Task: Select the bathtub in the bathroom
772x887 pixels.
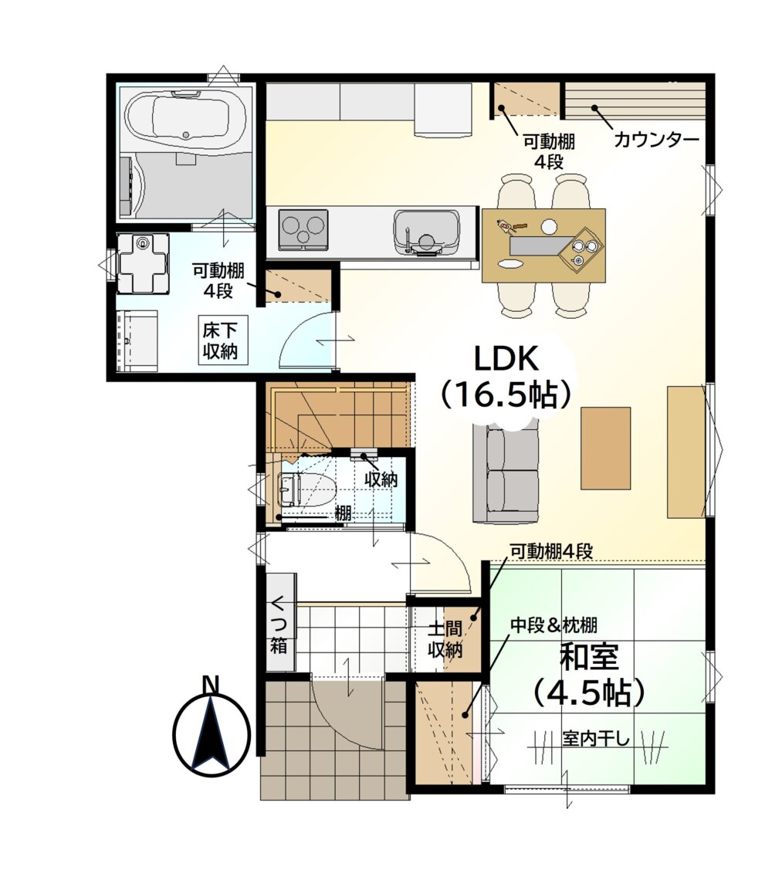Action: tap(185, 120)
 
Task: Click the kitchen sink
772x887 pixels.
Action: tap(426, 231)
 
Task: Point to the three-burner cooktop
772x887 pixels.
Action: tap(303, 229)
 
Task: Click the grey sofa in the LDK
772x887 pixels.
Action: tap(506, 476)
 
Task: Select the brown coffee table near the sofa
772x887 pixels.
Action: tap(606, 448)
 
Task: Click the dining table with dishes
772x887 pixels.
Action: tap(543, 245)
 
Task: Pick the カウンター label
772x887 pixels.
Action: tap(657, 139)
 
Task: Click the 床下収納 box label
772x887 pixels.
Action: tap(220, 340)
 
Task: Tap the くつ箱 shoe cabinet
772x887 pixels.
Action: tap(280, 622)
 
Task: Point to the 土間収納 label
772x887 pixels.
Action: tap(445, 639)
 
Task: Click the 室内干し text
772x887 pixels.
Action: tap(595, 738)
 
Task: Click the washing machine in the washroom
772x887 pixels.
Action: tap(143, 263)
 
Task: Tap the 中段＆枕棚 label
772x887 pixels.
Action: tap(554, 625)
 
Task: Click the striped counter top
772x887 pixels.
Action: tap(635, 100)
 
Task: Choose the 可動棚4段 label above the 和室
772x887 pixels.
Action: tap(551, 550)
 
